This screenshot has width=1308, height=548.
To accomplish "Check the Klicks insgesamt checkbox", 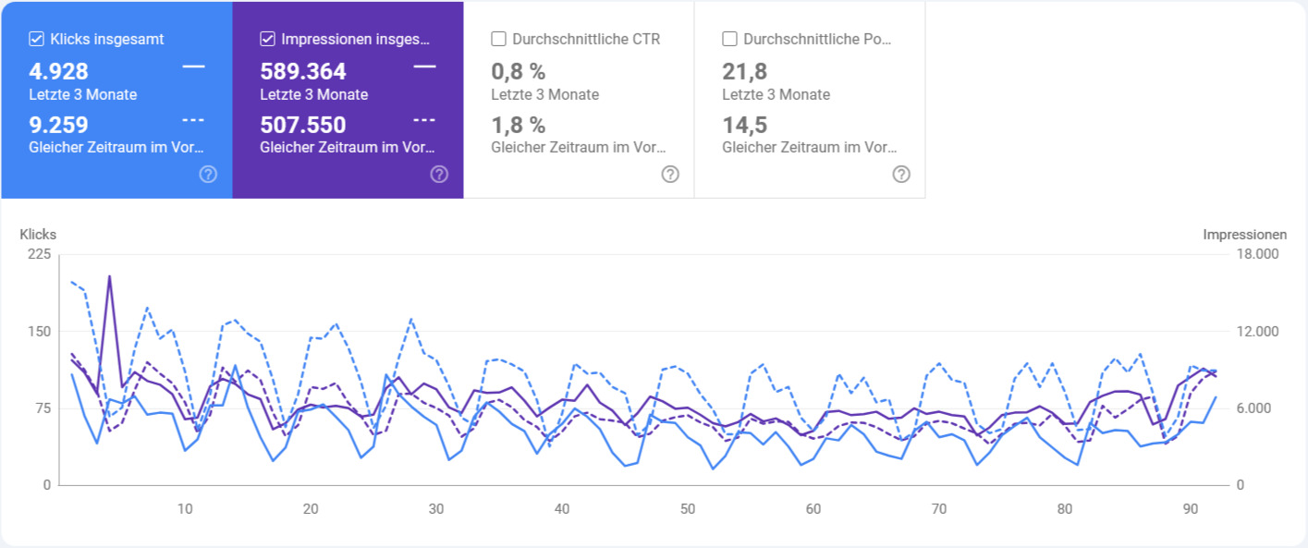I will pos(37,39).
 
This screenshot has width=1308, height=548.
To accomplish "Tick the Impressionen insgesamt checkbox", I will pos(268,39).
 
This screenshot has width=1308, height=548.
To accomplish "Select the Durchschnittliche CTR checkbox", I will pos(499,39).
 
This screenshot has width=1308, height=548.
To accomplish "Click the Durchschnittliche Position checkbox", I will pos(730,39).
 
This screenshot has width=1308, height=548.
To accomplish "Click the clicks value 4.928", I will pos(58,72).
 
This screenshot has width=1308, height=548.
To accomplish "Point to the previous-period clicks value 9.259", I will pos(58,125).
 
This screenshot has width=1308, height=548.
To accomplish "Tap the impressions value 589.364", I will pos(303,72).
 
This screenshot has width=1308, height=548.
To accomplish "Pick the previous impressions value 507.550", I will pos(303,125).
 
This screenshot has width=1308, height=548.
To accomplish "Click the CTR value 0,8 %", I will pos(518,72).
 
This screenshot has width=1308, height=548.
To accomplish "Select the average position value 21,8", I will pos(745,72).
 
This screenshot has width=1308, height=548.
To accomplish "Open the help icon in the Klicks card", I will pos(208,174).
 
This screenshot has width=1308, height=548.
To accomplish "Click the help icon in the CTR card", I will pos(670,174).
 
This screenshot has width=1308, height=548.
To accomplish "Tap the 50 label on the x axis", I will pos(687,509).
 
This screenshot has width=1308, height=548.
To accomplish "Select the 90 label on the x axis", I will pos(1191,509).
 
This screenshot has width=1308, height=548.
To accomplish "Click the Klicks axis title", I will pos(38,235).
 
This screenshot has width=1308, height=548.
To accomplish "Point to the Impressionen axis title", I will pos(1244,235).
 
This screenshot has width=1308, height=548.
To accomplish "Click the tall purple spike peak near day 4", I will pos(109,275).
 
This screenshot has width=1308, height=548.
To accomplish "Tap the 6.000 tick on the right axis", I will pos(1255,408).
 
